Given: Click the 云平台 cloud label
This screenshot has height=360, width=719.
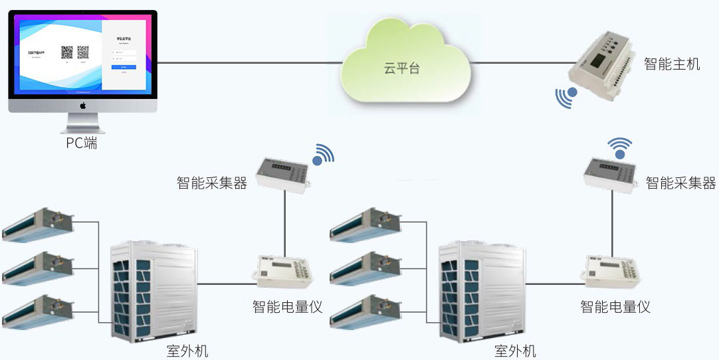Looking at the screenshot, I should pos(402,68).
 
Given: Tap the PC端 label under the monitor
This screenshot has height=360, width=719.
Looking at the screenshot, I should pos(81,142).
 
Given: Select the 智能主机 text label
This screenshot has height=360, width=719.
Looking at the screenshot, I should pos(672,64).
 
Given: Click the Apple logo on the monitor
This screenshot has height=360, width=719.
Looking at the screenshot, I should pos(83,106).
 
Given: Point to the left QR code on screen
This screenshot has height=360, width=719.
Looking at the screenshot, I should pos(66,52).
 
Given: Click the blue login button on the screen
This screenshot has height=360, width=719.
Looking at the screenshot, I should pos(124,67).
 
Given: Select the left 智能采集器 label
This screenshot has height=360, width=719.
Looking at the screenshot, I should pos(212,183).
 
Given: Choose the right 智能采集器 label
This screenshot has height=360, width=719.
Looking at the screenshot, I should pos(680,183).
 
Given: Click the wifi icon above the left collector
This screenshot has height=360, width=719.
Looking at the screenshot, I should pos(323,154).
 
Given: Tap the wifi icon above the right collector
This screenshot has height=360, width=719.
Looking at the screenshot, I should pos(620,147).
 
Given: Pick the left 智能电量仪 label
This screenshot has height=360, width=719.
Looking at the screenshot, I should pos(287,306).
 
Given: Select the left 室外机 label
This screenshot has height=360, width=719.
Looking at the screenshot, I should pos(187,351).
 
